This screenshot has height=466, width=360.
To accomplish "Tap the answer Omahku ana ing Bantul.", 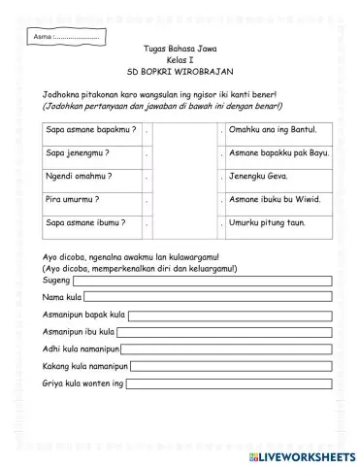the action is point(273,128).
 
